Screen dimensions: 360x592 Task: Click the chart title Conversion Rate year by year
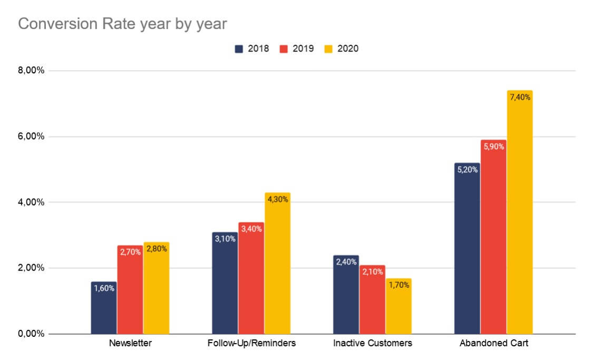(122, 24)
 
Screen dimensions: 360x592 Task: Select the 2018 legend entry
(252, 48)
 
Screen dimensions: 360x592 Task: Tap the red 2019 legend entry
(297, 48)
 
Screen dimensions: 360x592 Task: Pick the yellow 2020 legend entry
(341, 48)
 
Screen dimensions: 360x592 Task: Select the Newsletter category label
(130, 344)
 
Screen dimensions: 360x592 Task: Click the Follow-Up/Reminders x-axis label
(251, 344)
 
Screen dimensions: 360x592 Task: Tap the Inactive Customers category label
(373, 344)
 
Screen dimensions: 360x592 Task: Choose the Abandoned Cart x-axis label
(493, 344)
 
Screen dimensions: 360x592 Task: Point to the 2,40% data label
(346, 262)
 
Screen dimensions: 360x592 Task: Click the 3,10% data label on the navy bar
(225, 239)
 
